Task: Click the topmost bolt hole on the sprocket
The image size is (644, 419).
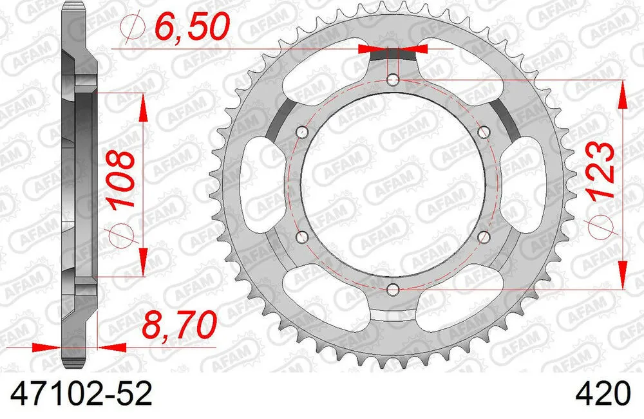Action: pyautogui.click(x=394, y=80)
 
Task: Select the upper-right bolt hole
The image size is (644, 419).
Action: pyautogui.click(x=485, y=132)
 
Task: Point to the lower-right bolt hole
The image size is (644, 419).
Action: pyautogui.click(x=485, y=237)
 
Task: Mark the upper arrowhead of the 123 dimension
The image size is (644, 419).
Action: pyautogui.click(x=622, y=94)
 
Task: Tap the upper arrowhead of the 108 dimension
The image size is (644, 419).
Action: pyautogui.click(x=142, y=107)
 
